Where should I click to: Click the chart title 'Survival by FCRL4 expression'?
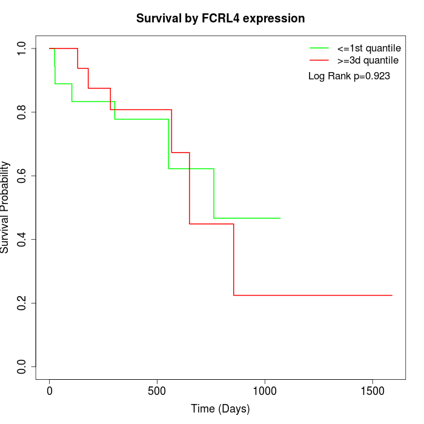220,18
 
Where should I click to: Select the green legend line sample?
319,47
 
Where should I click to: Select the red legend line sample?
319,61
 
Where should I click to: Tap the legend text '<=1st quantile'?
368,47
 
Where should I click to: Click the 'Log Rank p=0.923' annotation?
349,76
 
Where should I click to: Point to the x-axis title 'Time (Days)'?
220,409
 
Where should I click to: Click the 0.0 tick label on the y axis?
22,366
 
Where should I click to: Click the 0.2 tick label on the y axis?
22,303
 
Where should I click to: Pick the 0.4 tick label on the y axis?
22,239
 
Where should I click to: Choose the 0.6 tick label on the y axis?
22,176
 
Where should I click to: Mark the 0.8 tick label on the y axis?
22,112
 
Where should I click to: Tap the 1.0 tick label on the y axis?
22,48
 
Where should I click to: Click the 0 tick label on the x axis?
50,391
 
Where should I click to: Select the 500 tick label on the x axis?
157,391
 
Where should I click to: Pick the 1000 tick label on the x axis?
265,391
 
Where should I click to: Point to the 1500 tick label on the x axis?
372,391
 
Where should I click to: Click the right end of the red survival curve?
392,295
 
